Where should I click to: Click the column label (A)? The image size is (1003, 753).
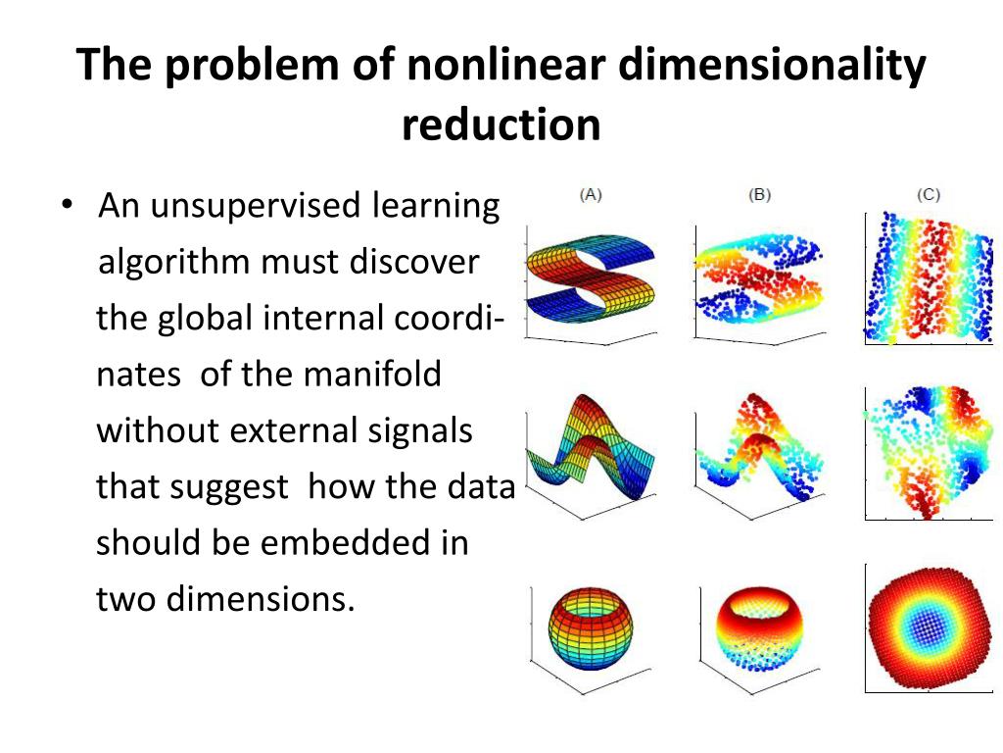coord(591,194)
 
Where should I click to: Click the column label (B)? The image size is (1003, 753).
coord(759,194)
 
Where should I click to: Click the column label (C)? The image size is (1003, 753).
coord(929,194)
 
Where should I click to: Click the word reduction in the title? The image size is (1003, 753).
coord(501,125)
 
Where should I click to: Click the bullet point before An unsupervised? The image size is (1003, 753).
coord(66,206)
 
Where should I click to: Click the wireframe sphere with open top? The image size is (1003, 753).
coord(591,627)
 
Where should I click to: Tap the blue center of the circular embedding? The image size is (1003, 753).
coord(928,626)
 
